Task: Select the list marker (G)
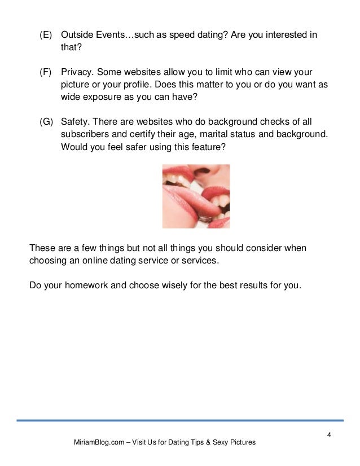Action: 46,122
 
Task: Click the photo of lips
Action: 196,196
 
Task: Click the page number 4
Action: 329,433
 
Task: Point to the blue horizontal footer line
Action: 179,420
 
